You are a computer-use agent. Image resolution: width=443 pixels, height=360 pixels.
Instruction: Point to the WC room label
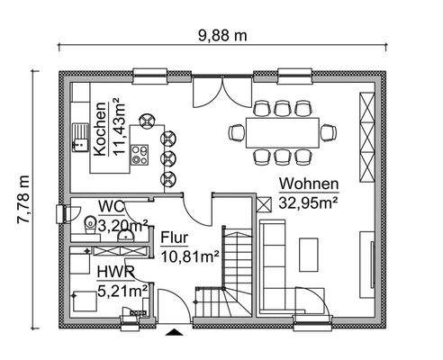(111, 205)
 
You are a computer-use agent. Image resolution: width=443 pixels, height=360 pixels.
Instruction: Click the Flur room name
(175, 238)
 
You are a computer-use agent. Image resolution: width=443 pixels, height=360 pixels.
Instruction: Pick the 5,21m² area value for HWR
(122, 291)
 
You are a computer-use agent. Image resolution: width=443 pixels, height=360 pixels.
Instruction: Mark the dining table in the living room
(280, 133)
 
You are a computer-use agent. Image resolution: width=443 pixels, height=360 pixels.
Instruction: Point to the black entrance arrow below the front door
(172, 332)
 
